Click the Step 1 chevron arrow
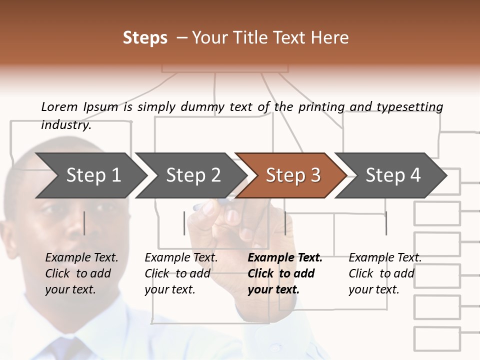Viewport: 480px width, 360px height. [92, 175]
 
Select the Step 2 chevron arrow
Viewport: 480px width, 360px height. [192, 175]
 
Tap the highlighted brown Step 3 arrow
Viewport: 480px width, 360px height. [292, 175]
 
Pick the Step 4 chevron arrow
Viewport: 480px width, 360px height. [392, 175]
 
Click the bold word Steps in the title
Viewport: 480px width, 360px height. [145, 38]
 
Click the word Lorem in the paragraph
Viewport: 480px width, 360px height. [59, 106]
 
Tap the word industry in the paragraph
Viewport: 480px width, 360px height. [65, 125]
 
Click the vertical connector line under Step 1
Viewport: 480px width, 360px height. [84, 223]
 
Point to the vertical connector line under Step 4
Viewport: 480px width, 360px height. [386, 223]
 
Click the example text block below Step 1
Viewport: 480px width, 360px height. [81, 273]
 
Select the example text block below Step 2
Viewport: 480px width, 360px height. [180, 273]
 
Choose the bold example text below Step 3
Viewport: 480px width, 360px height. [284, 273]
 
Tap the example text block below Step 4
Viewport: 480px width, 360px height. [384, 273]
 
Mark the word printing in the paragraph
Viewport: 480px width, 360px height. [321, 106]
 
